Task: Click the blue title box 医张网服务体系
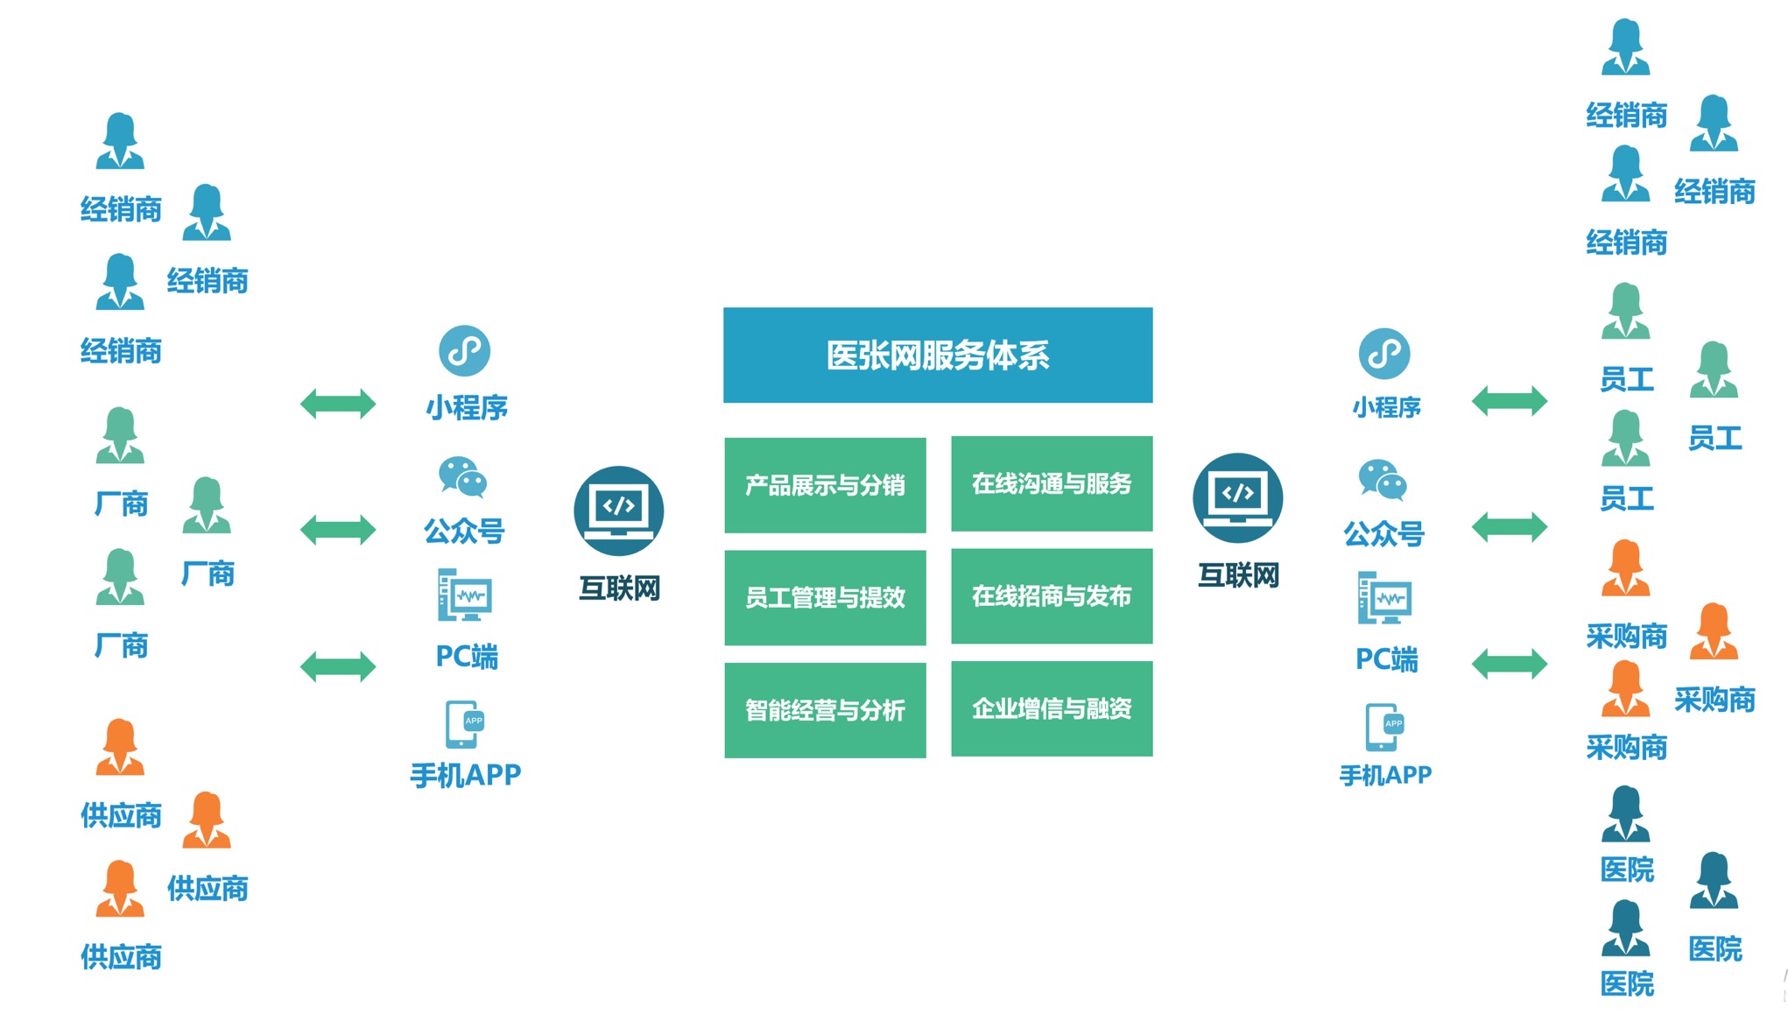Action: tap(937, 355)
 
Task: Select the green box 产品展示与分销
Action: tap(825, 485)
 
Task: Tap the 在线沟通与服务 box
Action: tap(1051, 483)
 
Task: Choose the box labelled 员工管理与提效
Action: tap(825, 597)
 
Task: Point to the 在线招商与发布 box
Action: tap(1051, 596)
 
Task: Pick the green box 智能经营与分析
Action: tap(825, 710)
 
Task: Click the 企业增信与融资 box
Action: tap(1051, 708)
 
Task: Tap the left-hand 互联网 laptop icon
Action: tap(618, 510)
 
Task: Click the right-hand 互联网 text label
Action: tap(1238, 575)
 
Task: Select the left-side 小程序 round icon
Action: tap(464, 351)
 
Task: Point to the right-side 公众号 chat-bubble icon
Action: tap(1383, 480)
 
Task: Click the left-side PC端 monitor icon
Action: tap(464, 595)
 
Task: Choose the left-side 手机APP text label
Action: tap(465, 775)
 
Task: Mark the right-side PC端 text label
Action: tap(1386, 658)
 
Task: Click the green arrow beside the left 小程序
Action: tap(338, 404)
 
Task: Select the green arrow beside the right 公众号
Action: tap(1510, 527)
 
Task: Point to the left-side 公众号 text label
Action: tap(464, 531)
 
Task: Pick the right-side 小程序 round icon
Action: tap(1384, 354)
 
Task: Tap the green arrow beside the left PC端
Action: tap(338, 666)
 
